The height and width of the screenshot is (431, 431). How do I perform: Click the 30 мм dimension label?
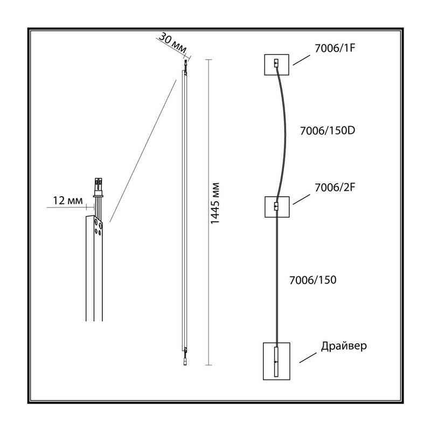pyautogui.click(x=172, y=43)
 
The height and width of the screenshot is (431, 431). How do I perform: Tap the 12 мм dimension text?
pyautogui.click(x=68, y=200)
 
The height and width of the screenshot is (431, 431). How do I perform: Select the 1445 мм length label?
pyautogui.click(x=215, y=203)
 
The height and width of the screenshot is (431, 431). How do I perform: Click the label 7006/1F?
pyautogui.click(x=335, y=48)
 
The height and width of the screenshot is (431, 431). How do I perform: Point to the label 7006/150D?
pyautogui.click(x=328, y=130)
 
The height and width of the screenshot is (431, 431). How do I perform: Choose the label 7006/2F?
pyautogui.click(x=335, y=187)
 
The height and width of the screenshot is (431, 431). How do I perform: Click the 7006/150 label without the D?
pyautogui.click(x=313, y=280)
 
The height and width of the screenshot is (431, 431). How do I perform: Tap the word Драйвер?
pyautogui.click(x=344, y=346)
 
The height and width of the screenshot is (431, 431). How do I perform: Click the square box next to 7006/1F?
pyautogui.click(x=276, y=65)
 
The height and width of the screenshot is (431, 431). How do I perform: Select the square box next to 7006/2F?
pyautogui.click(x=277, y=207)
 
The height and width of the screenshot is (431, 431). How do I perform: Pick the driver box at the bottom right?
pyautogui.click(x=276, y=361)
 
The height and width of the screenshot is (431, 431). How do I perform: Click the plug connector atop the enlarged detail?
pyautogui.click(x=98, y=187)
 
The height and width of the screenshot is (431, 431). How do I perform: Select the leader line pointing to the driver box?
pyautogui.click(x=308, y=358)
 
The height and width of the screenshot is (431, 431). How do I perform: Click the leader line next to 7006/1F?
pyautogui.click(x=302, y=60)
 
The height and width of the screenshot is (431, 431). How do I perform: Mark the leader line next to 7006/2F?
pyautogui.click(x=302, y=199)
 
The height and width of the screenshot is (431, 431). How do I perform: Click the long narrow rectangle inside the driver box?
pyautogui.click(x=276, y=362)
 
